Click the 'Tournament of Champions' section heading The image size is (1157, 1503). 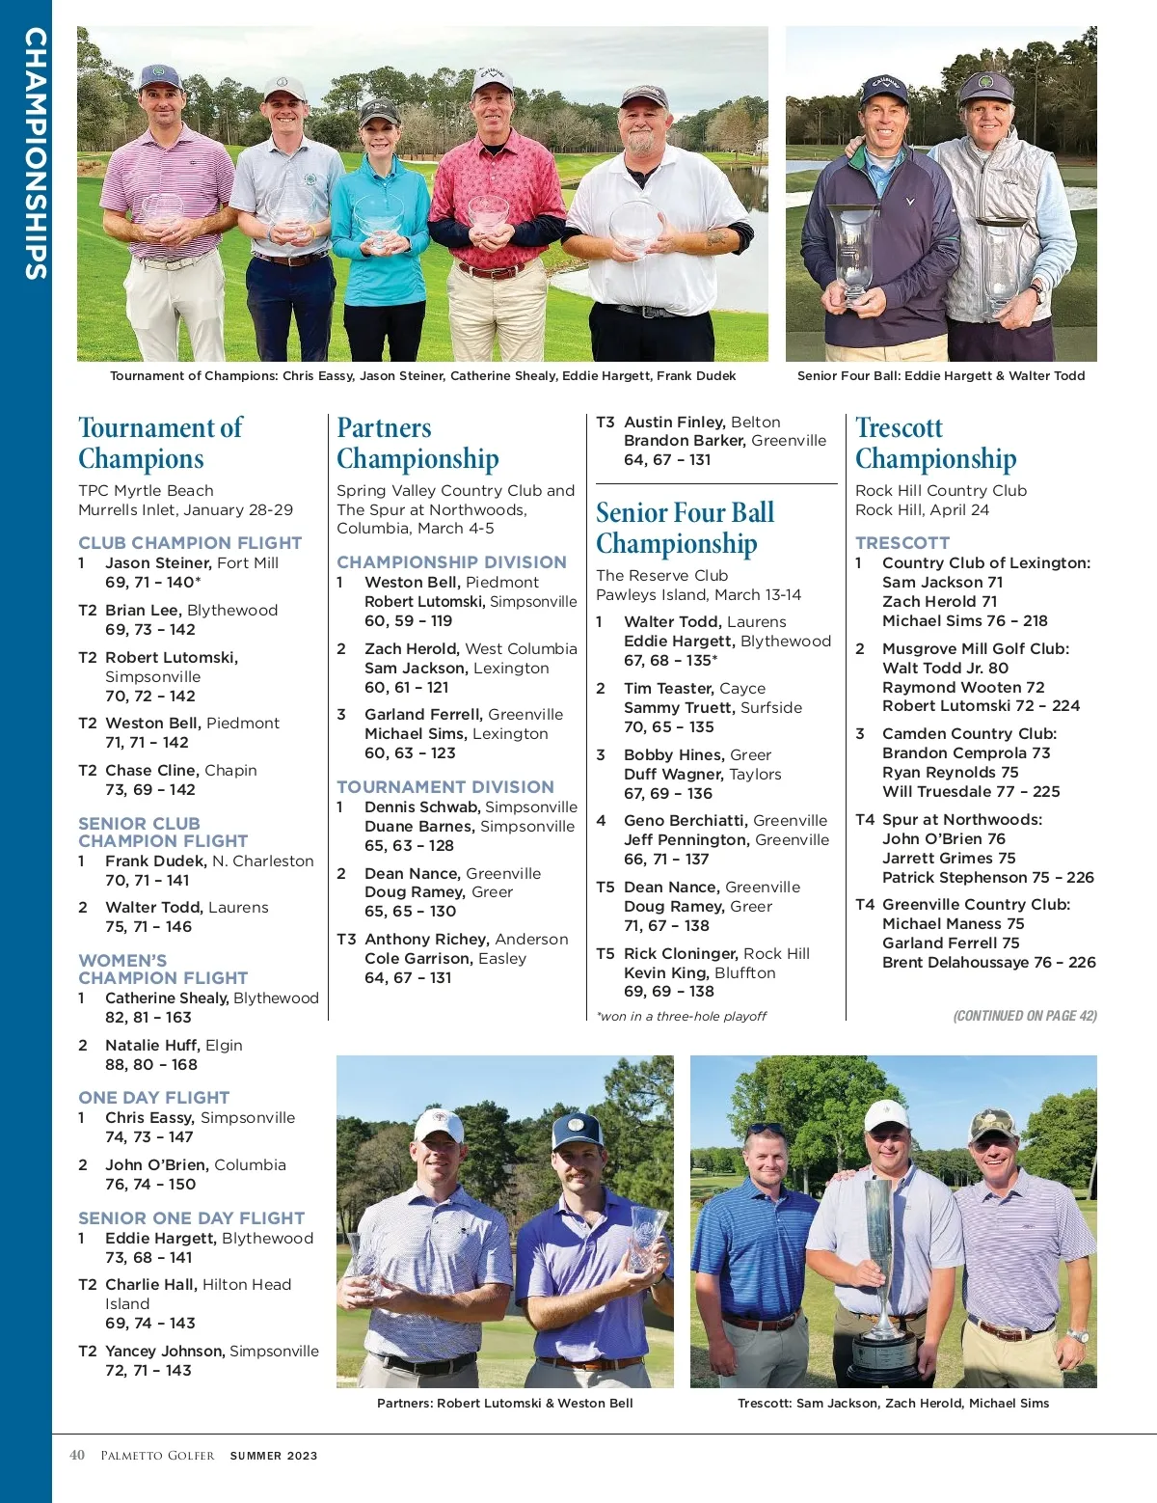tap(160, 443)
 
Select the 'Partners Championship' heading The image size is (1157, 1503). tap(417, 443)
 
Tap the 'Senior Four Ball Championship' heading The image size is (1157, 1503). tap(685, 528)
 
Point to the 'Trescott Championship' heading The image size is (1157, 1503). tap(935, 443)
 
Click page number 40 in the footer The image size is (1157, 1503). tap(77, 1455)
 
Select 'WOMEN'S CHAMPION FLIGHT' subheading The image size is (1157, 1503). tap(163, 969)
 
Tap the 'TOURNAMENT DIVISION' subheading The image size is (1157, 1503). tap(445, 786)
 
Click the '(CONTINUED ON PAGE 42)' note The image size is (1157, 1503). tap(1025, 1015)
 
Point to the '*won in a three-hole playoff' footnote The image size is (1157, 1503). tap(682, 1016)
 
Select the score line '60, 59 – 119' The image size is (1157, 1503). tap(408, 620)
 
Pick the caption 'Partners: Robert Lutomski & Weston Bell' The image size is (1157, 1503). tap(504, 1403)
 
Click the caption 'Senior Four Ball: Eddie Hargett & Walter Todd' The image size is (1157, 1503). tap(941, 375)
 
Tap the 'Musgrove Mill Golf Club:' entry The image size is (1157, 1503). tap(976, 648)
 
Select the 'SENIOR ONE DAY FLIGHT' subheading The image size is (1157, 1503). tap(191, 1217)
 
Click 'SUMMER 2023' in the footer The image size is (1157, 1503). tap(273, 1456)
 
